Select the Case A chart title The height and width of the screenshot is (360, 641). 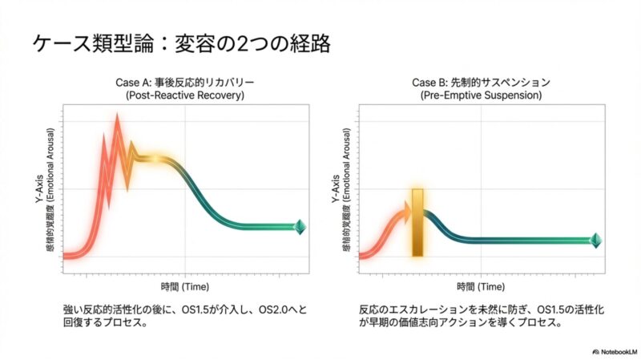pos(184,83)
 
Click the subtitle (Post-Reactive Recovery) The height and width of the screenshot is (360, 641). pos(184,95)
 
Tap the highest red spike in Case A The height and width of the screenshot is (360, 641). pos(118,120)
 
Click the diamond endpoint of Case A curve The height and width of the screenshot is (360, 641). pos(300,225)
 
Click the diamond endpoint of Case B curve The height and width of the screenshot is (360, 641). pos(595,239)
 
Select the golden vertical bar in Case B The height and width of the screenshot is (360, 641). pos(417,223)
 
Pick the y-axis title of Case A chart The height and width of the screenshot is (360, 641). pos(46,191)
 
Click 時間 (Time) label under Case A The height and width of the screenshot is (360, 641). pos(184,285)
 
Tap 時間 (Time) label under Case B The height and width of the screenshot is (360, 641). pos(481,285)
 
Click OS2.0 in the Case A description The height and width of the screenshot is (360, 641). pos(268,309)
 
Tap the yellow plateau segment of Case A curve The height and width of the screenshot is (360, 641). pos(152,158)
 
